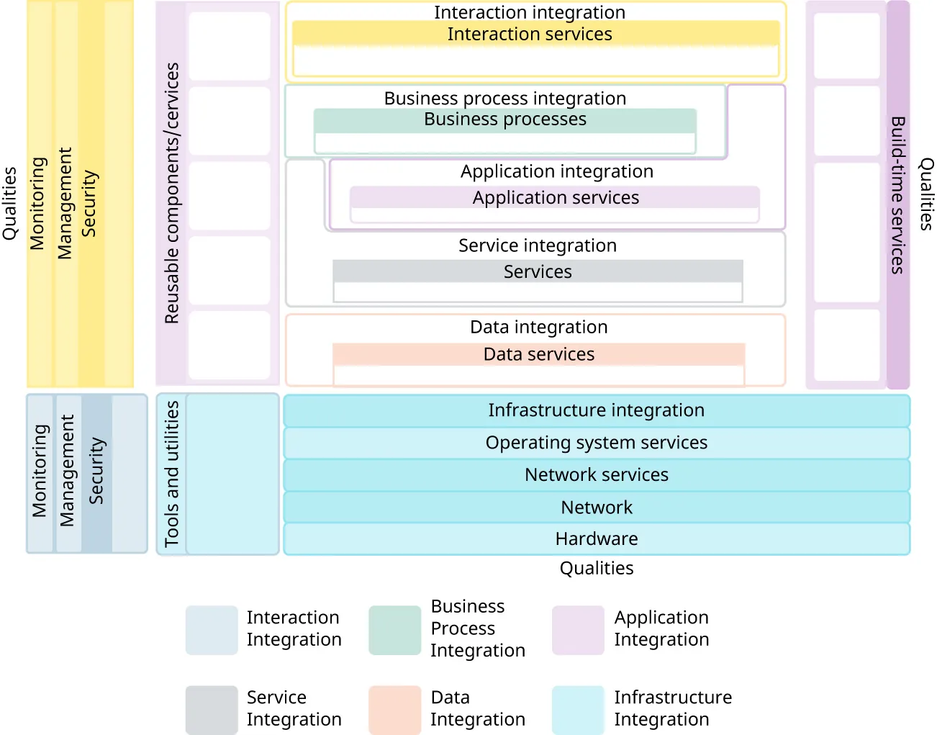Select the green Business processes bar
click(x=504, y=120)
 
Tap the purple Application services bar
click(x=555, y=198)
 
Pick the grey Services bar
click(x=538, y=271)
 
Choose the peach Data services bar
click(x=538, y=354)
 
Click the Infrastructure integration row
click(x=596, y=410)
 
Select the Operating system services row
click(x=596, y=443)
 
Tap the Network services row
click(x=596, y=475)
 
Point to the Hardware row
click(x=596, y=539)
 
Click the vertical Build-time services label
click(x=897, y=195)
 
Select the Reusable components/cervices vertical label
click(x=171, y=193)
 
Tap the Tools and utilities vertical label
click(x=171, y=474)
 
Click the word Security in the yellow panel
click(x=89, y=204)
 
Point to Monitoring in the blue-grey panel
click(x=40, y=471)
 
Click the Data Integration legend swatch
click(x=394, y=710)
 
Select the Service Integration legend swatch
click(x=212, y=710)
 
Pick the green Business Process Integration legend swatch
click(x=394, y=630)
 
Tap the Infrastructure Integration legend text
click(x=672, y=708)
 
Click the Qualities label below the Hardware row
click(x=596, y=569)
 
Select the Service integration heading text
click(x=538, y=245)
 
